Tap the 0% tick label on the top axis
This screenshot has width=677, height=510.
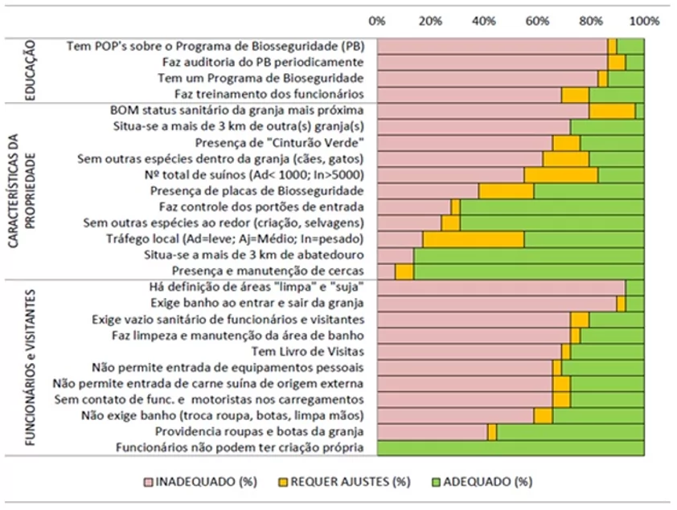point(376,20)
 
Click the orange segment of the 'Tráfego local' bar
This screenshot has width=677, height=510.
point(474,239)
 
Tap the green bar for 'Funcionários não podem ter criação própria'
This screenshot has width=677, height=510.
point(510,447)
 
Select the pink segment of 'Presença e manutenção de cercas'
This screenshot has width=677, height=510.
point(386,271)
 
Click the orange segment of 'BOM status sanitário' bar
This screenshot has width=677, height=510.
point(612,110)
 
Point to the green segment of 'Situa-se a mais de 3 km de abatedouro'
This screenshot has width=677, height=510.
point(528,255)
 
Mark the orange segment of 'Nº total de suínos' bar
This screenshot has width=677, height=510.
point(561,174)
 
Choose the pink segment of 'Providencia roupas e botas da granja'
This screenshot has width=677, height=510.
point(432,431)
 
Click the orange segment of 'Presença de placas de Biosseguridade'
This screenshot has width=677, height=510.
point(506,191)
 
